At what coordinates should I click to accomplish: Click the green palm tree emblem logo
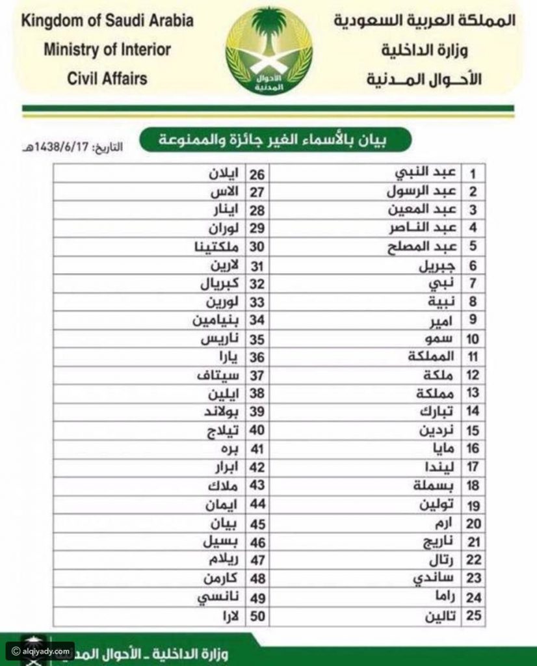pyautogui.click(x=268, y=51)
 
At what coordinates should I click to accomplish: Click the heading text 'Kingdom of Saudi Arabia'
pyautogui.click(x=108, y=21)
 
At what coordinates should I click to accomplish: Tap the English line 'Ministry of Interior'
pyautogui.click(x=107, y=49)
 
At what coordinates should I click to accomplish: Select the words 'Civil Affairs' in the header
pyautogui.click(x=107, y=79)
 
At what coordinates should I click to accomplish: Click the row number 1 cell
pyautogui.click(x=473, y=174)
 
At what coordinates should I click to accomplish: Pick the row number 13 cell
pyautogui.click(x=473, y=393)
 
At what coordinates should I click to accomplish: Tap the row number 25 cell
pyautogui.click(x=473, y=615)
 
